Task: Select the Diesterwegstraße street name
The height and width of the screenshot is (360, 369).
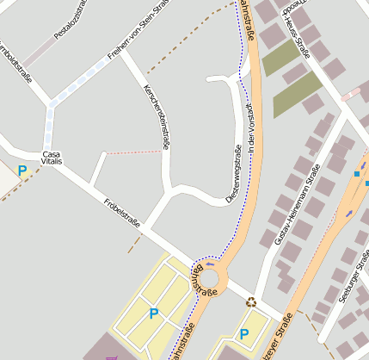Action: pyautogui.click(x=237, y=171)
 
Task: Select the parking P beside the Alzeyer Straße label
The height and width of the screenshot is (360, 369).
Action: pyautogui.click(x=244, y=333)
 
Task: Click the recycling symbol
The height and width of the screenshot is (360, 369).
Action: pyautogui.click(x=251, y=302)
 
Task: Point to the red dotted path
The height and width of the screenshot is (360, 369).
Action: pyautogui.click(x=132, y=152)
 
